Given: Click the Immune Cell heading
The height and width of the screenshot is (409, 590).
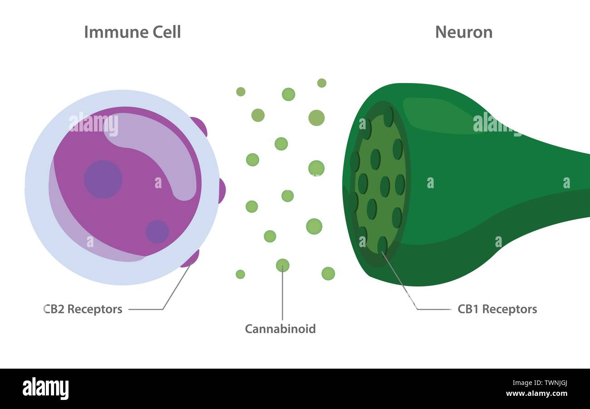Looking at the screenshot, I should pyautogui.click(x=133, y=32).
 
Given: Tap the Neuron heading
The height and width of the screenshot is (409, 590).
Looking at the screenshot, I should pyautogui.click(x=463, y=32).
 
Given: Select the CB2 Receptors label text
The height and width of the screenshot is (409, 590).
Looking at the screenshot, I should pyautogui.click(x=83, y=309).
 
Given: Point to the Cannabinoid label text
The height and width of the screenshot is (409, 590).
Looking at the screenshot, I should pyautogui.click(x=280, y=329).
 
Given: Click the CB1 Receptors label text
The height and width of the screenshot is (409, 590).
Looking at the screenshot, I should pyautogui.click(x=497, y=309).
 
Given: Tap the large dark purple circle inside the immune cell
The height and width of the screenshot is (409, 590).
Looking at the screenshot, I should pyautogui.click(x=103, y=179).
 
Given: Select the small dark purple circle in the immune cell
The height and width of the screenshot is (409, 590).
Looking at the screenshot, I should pyautogui.click(x=157, y=231).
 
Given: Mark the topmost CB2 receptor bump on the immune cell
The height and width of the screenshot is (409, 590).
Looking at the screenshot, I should pyautogui.click(x=200, y=126).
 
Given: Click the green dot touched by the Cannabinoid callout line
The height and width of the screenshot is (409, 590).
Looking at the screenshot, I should pyautogui.click(x=282, y=265).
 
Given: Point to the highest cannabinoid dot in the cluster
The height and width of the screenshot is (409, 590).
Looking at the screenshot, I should pyautogui.click(x=321, y=83).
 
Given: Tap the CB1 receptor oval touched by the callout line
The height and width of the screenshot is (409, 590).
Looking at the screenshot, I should pyautogui.click(x=382, y=245).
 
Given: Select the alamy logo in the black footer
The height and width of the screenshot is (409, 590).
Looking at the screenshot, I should pyautogui.click(x=45, y=389).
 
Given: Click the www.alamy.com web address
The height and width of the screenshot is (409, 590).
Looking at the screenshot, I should pyautogui.click(x=536, y=394).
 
